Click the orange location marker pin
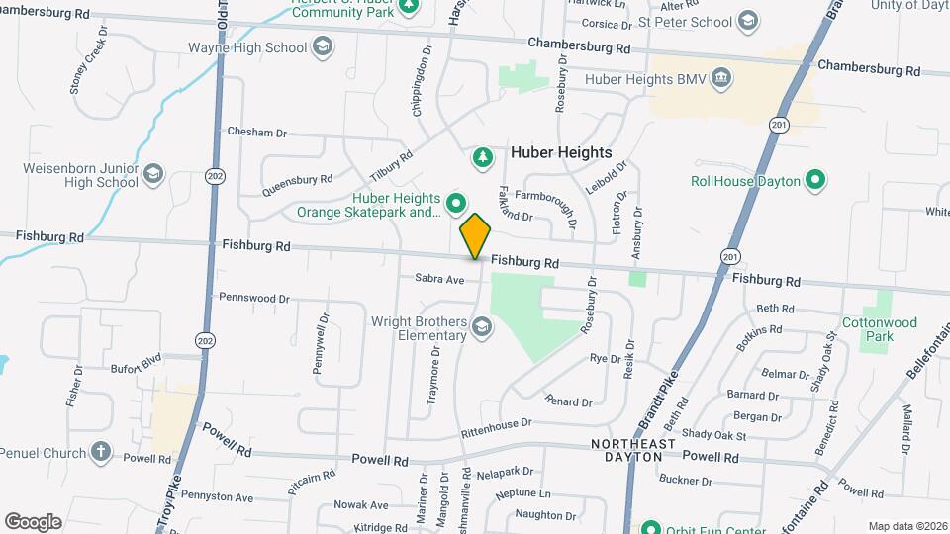pos(475,235)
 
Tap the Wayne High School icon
pos(322,45)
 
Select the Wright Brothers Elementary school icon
pos(481,327)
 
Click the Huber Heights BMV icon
pos(721,78)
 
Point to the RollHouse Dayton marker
pos(814,181)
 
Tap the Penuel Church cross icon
pos(100,453)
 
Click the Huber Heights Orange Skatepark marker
pos(455,204)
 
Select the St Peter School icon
pos(748,21)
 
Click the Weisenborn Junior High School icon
pos(152,175)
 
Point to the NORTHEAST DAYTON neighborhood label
pos(633,450)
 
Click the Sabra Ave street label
pos(439,280)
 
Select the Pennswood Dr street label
pos(253,297)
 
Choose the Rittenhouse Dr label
pos(496,428)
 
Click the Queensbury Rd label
pos(297,180)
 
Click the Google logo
pos(33,521)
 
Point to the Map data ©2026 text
pos(906,526)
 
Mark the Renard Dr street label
pos(568,401)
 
